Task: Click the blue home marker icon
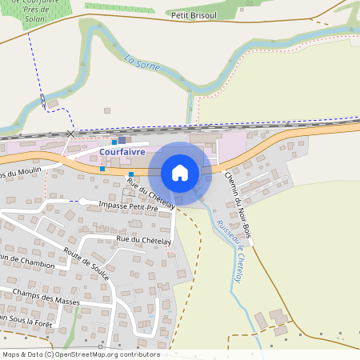(180, 172)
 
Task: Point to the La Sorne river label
(142, 63)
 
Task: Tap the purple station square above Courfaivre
(122, 140)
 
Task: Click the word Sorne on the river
(147, 66)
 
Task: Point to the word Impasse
(114, 206)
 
